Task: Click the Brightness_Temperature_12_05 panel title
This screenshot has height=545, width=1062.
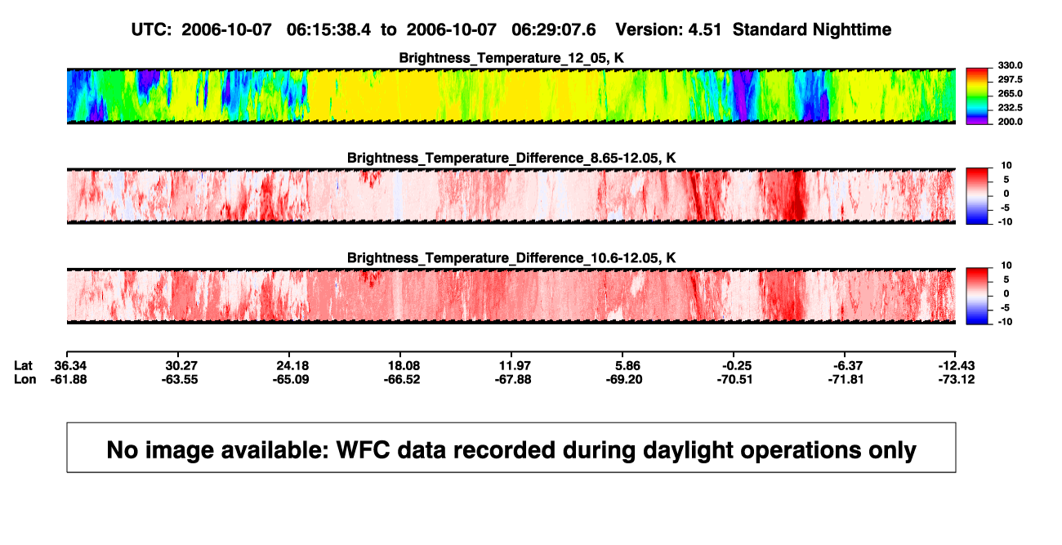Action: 511,58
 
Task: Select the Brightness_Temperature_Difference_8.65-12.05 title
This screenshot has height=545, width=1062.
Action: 511,158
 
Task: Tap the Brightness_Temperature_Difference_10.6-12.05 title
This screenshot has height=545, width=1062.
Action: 511,258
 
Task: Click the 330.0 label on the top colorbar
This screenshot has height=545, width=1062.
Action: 1010,65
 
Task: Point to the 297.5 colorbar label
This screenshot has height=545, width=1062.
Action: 1010,79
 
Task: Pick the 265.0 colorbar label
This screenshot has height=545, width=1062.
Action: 1010,93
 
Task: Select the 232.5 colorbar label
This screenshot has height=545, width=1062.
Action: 1010,108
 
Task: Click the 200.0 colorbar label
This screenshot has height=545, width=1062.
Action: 1010,122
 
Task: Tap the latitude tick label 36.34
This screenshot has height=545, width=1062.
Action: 70,366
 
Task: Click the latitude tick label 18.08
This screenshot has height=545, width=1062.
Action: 404,366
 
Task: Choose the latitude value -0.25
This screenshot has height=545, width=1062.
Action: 737,366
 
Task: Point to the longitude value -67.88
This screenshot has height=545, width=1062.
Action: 513,380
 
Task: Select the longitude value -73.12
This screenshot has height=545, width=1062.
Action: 957,380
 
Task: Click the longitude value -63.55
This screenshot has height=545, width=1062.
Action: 180,380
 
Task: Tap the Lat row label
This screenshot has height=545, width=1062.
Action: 23,366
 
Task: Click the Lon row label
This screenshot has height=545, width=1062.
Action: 25,380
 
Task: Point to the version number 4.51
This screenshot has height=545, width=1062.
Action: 705,30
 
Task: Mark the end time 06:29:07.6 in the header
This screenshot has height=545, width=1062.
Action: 554,30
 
